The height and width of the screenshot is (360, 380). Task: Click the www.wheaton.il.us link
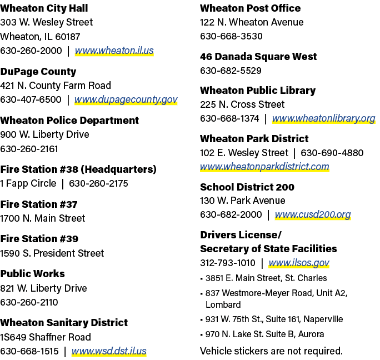tap(114, 51)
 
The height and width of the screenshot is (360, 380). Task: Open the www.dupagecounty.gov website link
tap(126, 99)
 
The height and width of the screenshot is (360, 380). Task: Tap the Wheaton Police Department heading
tap(69, 121)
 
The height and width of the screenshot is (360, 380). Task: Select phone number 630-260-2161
tap(29, 149)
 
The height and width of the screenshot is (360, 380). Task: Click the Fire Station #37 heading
tap(39, 204)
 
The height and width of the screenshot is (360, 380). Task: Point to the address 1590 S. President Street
tap(52, 253)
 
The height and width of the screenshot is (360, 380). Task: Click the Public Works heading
tap(32, 274)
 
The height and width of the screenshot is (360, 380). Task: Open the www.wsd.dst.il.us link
tap(109, 351)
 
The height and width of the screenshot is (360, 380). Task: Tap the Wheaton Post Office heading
tap(251, 8)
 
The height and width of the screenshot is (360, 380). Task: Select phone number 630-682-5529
tap(231, 71)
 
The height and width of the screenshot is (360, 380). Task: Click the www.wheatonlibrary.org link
tap(324, 118)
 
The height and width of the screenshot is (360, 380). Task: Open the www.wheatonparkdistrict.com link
tap(264, 167)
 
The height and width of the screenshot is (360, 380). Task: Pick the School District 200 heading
tap(247, 187)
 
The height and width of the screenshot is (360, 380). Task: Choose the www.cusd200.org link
tap(313, 214)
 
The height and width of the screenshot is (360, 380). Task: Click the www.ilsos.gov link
tap(299, 263)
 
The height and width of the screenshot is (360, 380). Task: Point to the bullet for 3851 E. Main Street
tap(202, 279)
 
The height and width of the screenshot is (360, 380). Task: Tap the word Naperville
tap(323, 319)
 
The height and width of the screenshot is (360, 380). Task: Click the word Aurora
tap(311, 334)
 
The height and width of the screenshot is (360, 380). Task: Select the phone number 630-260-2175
tap(98, 183)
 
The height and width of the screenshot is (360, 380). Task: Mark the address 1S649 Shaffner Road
tap(46, 337)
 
